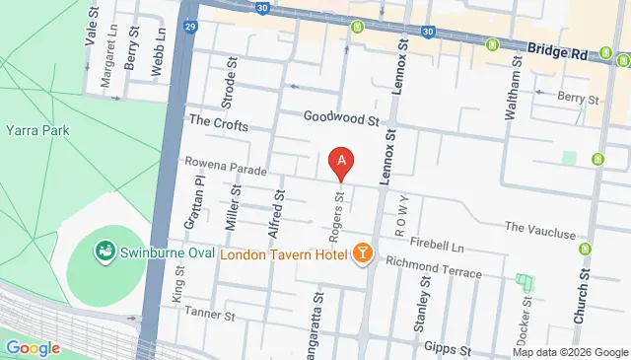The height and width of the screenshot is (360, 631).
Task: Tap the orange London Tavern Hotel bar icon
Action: tap(363, 254)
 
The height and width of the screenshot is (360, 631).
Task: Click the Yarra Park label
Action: tap(34, 129)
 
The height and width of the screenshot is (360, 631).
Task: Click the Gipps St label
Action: tap(445, 348)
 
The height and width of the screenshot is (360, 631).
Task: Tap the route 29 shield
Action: tap(188, 28)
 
